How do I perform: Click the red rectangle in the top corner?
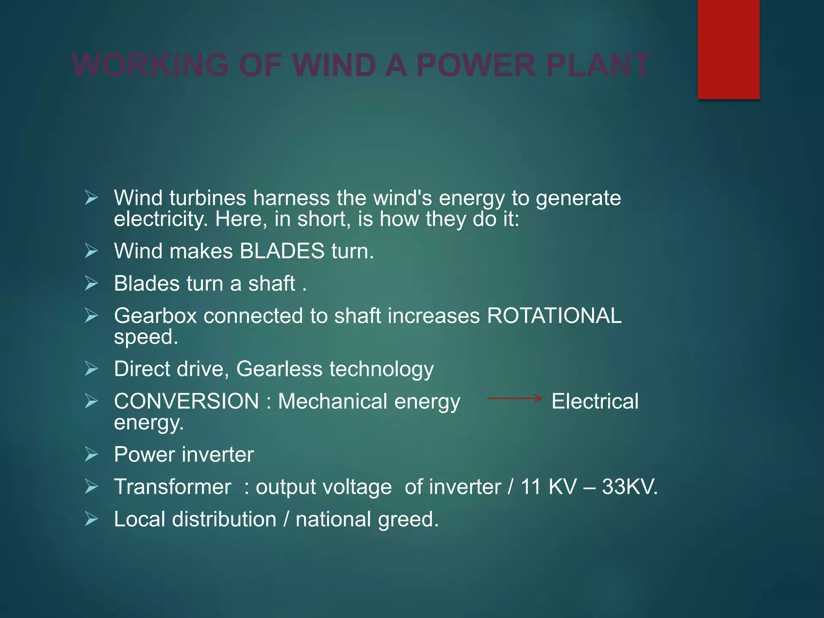coord(728,49)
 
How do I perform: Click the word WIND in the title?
coord(334,65)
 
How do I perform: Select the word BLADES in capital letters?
coord(282,251)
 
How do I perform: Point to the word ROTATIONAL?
coord(554,316)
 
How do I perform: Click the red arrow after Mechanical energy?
coord(514,399)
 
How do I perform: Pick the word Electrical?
coord(595,402)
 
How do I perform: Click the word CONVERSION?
coord(186,402)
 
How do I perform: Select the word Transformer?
coord(173,487)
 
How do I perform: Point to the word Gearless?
coord(279,369)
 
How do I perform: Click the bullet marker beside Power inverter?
coord(91,455)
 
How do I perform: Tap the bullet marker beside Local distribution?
coord(91,519)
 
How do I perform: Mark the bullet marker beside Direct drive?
coord(91,369)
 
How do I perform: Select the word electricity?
coord(161,219)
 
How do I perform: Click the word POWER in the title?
coord(476,65)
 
